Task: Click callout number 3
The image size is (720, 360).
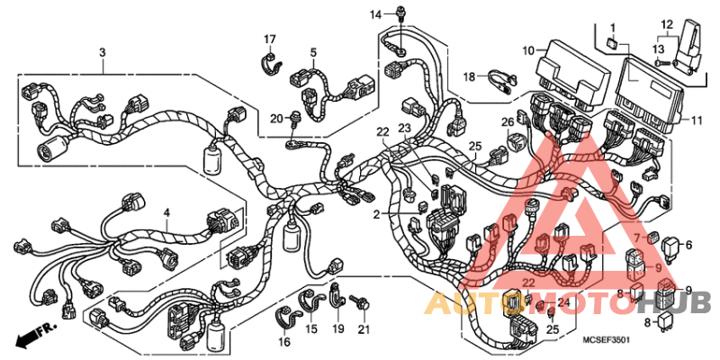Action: tap(102, 53)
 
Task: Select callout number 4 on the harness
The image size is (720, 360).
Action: tap(166, 212)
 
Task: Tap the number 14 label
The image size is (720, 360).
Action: tap(376, 13)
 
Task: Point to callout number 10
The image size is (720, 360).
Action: tap(527, 50)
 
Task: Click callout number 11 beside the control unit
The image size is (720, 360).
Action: tap(697, 121)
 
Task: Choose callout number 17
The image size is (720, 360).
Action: tap(269, 38)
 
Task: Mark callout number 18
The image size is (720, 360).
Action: tap(469, 77)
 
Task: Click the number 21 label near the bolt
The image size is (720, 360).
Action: tap(364, 329)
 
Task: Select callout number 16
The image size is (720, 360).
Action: tap(284, 342)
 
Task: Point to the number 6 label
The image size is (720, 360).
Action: tap(689, 245)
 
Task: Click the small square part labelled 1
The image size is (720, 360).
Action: tap(612, 43)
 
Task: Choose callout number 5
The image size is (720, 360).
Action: tap(313, 53)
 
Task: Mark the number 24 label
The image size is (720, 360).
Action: tap(563, 303)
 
